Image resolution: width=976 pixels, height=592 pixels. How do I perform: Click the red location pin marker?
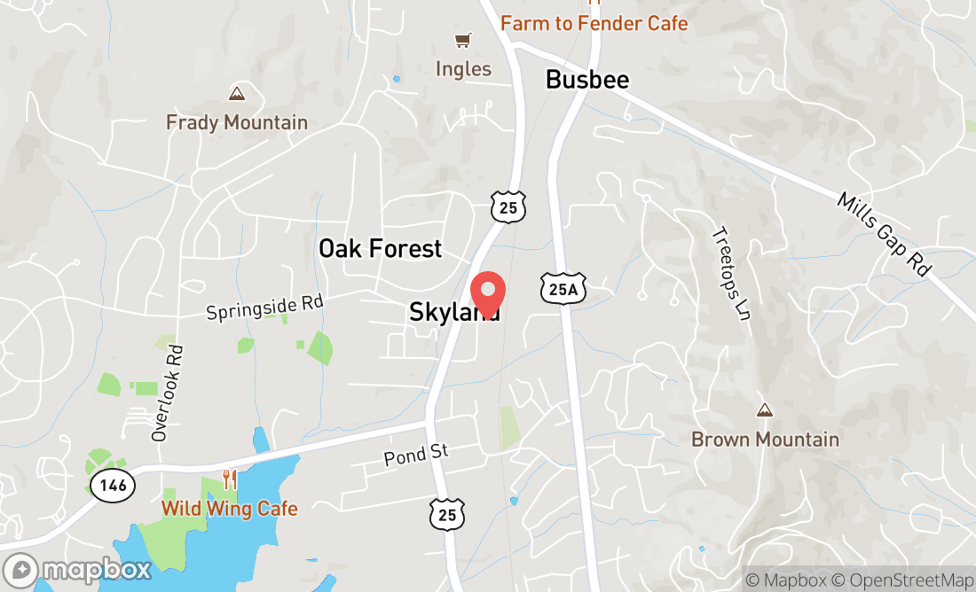(x=487, y=294)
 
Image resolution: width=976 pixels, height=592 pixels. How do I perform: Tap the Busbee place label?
(x=587, y=80)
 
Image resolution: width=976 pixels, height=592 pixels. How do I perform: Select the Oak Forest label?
(x=380, y=249)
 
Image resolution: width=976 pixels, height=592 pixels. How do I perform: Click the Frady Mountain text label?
(x=237, y=123)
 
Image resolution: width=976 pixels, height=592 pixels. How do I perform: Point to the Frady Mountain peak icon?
(x=237, y=93)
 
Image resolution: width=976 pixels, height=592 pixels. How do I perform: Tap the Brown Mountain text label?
(x=765, y=440)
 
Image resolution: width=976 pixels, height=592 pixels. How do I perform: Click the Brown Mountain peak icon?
(x=764, y=410)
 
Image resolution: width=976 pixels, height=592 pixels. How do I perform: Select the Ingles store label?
(x=463, y=69)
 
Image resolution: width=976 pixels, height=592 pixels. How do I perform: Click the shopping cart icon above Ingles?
(x=462, y=41)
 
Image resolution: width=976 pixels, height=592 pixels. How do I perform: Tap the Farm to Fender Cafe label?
(x=594, y=23)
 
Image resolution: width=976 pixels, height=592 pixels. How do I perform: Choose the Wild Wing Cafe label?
(x=229, y=509)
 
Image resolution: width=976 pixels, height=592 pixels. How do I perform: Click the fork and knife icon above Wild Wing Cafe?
(x=230, y=479)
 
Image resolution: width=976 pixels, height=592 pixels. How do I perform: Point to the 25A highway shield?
(x=563, y=288)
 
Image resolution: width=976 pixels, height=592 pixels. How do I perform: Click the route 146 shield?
(x=113, y=485)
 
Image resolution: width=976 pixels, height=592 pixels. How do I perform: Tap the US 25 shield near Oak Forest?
(x=508, y=206)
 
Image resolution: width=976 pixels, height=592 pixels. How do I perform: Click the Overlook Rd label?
(x=166, y=392)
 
